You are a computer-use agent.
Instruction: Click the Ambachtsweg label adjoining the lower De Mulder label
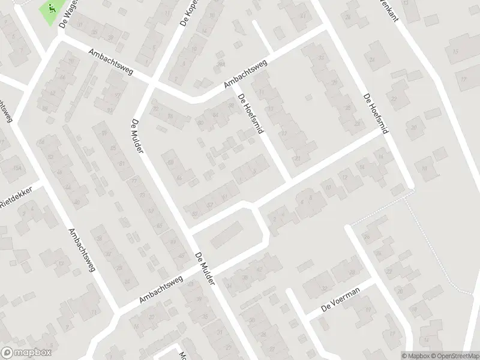pos(160,289)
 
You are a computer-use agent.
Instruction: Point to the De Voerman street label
pos(340,308)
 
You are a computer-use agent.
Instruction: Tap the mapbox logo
pos(26,353)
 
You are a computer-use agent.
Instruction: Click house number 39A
pos(221,65)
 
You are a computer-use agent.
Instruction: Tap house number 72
pos(157,109)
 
